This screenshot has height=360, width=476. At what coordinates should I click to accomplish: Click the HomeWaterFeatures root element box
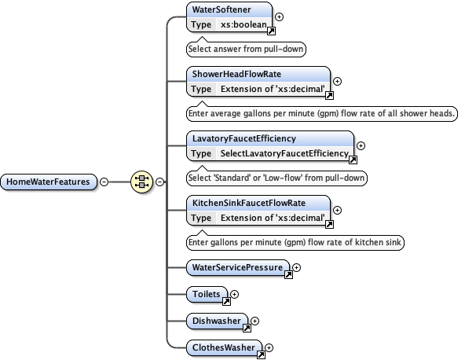49,182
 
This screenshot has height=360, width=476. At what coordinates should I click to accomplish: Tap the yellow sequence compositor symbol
142,182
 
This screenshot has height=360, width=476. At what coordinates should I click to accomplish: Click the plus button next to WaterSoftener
280,17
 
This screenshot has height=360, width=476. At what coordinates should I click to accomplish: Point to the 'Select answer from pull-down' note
246,49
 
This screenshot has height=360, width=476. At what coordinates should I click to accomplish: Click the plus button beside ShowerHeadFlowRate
338,81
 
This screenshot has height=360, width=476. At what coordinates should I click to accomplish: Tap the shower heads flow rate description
322,113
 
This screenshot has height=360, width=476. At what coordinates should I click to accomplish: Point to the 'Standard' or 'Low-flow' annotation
276,178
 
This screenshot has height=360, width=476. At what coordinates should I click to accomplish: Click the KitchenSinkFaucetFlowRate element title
249,203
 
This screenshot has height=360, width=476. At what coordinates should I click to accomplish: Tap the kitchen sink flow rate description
295,242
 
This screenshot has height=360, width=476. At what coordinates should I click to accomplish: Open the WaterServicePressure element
237,267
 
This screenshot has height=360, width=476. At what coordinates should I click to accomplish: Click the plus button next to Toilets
234,294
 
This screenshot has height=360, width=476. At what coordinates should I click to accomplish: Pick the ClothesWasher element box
223,347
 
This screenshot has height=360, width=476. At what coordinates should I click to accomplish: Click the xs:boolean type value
243,24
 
